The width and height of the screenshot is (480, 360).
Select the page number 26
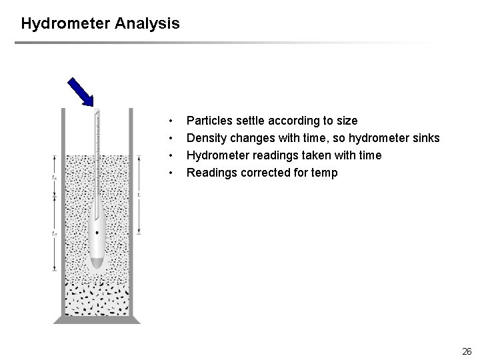tap(466, 351)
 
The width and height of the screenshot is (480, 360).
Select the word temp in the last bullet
tap(325, 173)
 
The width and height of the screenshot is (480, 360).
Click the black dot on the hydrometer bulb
tap(97, 233)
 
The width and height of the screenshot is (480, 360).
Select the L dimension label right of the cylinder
tap(139, 194)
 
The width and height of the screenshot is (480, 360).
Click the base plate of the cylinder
tap(97, 319)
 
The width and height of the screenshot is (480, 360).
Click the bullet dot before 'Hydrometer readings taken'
tap(171, 155)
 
